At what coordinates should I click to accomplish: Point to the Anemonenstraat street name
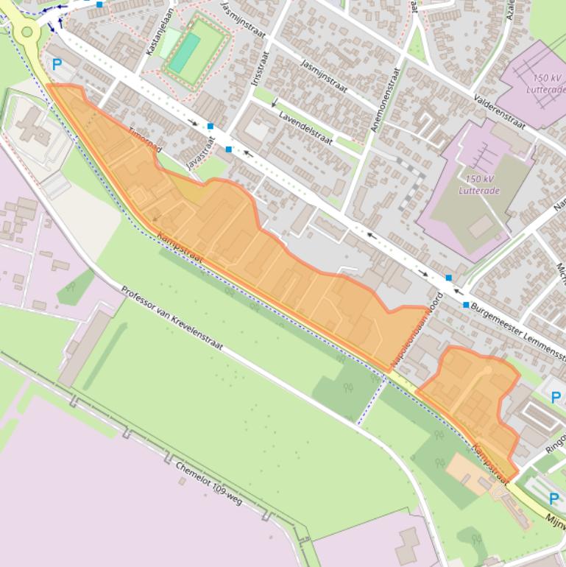(386, 99)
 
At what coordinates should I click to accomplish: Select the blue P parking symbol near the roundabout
(57, 65)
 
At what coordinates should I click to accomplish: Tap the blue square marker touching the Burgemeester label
(465, 304)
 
